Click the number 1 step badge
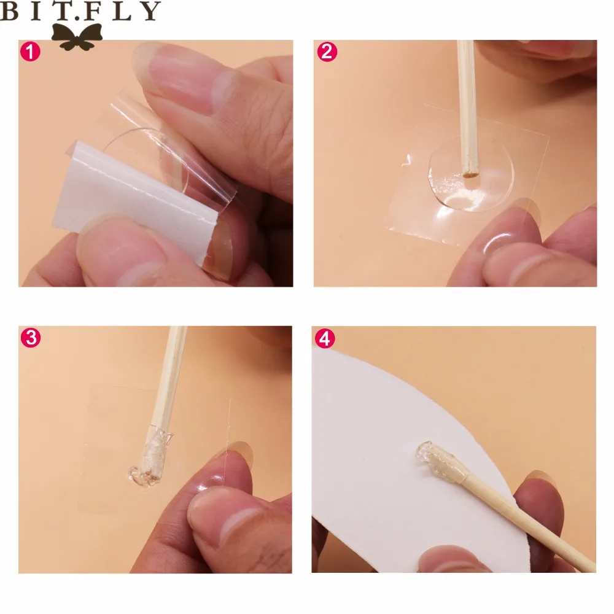(30, 52)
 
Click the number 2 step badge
(327, 52)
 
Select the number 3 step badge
(31, 338)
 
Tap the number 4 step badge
(325, 338)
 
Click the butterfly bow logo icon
(77, 37)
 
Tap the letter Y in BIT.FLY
(150, 10)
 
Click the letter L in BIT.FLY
(122, 10)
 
